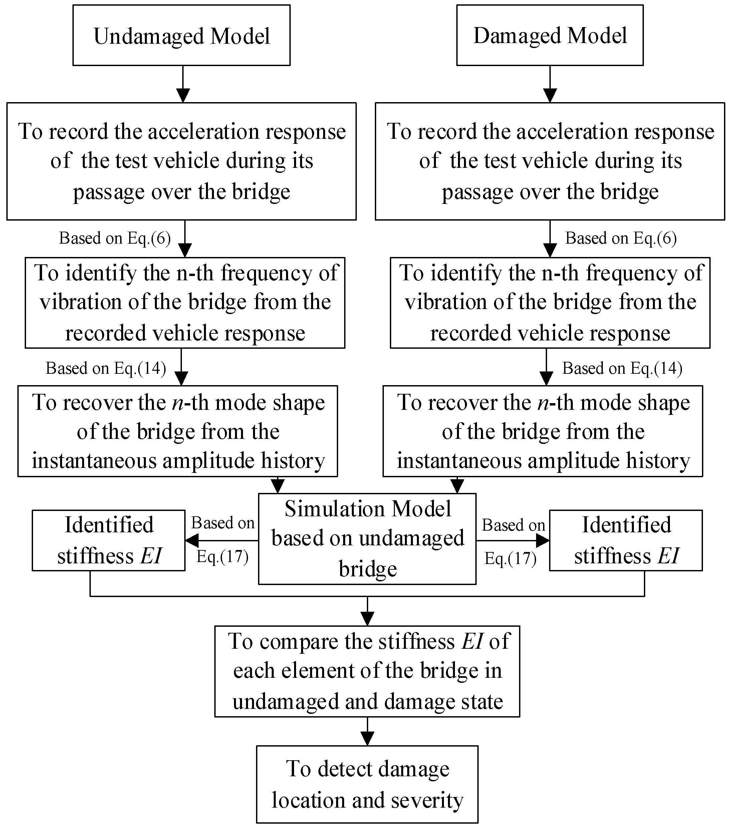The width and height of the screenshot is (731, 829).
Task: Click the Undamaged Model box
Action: pyautogui.click(x=181, y=35)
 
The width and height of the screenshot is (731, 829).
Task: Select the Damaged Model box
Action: pyautogui.click(x=550, y=35)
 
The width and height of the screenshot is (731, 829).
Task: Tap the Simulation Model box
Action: pyautogui.click(x=367, y=539)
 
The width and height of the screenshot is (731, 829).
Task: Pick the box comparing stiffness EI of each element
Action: pyautogui.click(x=367, y=671)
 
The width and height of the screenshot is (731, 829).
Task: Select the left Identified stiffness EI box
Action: pyautogui.click(x=109, y=540)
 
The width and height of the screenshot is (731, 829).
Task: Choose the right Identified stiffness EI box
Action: pyautogui.click(x=626, y=540)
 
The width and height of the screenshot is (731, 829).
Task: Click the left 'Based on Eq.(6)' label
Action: pyautogui.click(x=115, y=238)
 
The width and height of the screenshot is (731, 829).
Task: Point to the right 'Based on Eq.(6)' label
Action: pyautogui.click(x=621, y=238)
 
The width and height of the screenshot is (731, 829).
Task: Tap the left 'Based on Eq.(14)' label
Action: pyautogui.click(x=106, y=368)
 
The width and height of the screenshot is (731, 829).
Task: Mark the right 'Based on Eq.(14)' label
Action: pyautogui.click(x=622, y=368)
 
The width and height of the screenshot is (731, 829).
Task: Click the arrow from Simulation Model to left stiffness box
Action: pyautogui.click(x=222, y=540)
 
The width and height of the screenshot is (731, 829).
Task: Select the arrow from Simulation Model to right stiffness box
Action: pyautogui.click(x=513, y=540)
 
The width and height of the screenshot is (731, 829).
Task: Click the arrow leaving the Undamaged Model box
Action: pyautogui.click(x=183, y=84)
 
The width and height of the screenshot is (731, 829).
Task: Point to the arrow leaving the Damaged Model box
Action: pyautogui.click(x=550, y=84)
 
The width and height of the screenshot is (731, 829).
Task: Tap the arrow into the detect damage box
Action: pyautogui.click(x=367, y=731)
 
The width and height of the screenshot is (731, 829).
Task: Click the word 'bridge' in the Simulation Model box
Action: pyautogui.click(x=368, y=569)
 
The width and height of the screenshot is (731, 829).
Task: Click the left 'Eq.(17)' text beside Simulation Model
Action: pyautogui.click(x=222, y=556)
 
